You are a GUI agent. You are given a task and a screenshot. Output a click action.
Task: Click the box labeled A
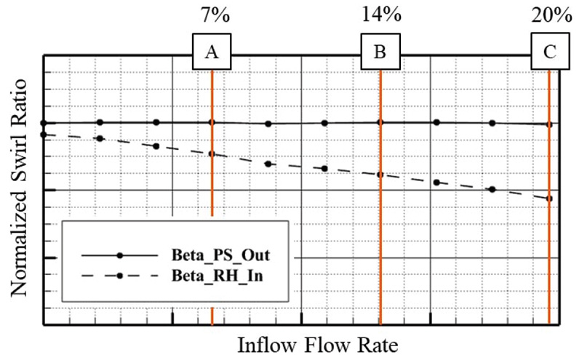click(212, 52)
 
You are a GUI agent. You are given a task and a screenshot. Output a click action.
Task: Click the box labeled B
click(380, 52)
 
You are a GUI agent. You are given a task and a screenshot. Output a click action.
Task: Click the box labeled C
click(549, 52)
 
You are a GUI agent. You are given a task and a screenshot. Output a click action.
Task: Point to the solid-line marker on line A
click(212, 122)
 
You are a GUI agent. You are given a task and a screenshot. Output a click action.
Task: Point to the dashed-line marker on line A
click(212, 154)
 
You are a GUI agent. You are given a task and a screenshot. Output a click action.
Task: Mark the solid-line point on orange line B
click(380, 122)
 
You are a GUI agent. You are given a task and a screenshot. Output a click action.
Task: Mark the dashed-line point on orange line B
click(380, 175)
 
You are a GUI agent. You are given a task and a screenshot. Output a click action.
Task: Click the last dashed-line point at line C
click(549, 199)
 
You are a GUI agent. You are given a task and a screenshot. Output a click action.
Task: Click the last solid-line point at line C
click(549, 124)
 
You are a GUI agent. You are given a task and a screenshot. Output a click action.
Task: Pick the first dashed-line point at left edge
click(43, 135)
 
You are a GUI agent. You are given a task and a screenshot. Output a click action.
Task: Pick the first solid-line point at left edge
click(43, 123)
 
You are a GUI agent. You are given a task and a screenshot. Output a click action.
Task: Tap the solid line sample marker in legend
click(120, 255)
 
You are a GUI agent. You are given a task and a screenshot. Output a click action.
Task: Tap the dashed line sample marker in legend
click(120, 275)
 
